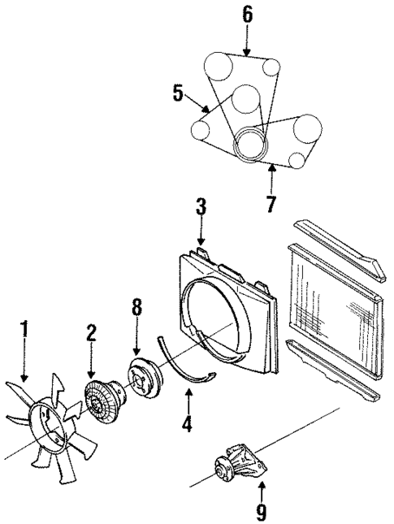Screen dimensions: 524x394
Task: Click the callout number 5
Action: [x=181, y=93]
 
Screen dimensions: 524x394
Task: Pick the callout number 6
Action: [x=248, y=15]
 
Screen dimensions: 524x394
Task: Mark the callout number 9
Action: [x=261, y=512]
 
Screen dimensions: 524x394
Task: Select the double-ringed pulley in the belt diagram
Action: [x=251, y=144]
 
